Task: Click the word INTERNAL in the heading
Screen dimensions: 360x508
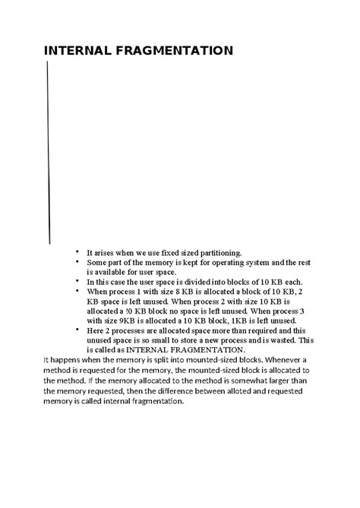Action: [x=76, y=52]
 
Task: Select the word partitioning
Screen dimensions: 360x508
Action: [x=214, y=251]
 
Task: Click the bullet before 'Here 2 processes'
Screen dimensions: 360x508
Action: [x=77, y=330]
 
